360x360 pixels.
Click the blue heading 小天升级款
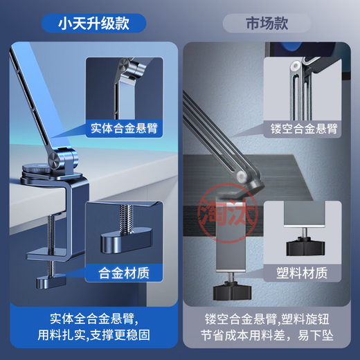pyautogui.click(x=93, y=23)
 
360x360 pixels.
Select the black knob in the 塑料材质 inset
pyautogui.click(x=307, y=246)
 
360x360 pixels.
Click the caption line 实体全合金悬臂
pyautogui.click(x=93, y=319)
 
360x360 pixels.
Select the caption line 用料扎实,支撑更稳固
pyautogui.click(x=93, y=339)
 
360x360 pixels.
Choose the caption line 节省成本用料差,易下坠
pyautogui.click(x=269, y=339)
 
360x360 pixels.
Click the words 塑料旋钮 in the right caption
pyautogui.click(x=309, y=319)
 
